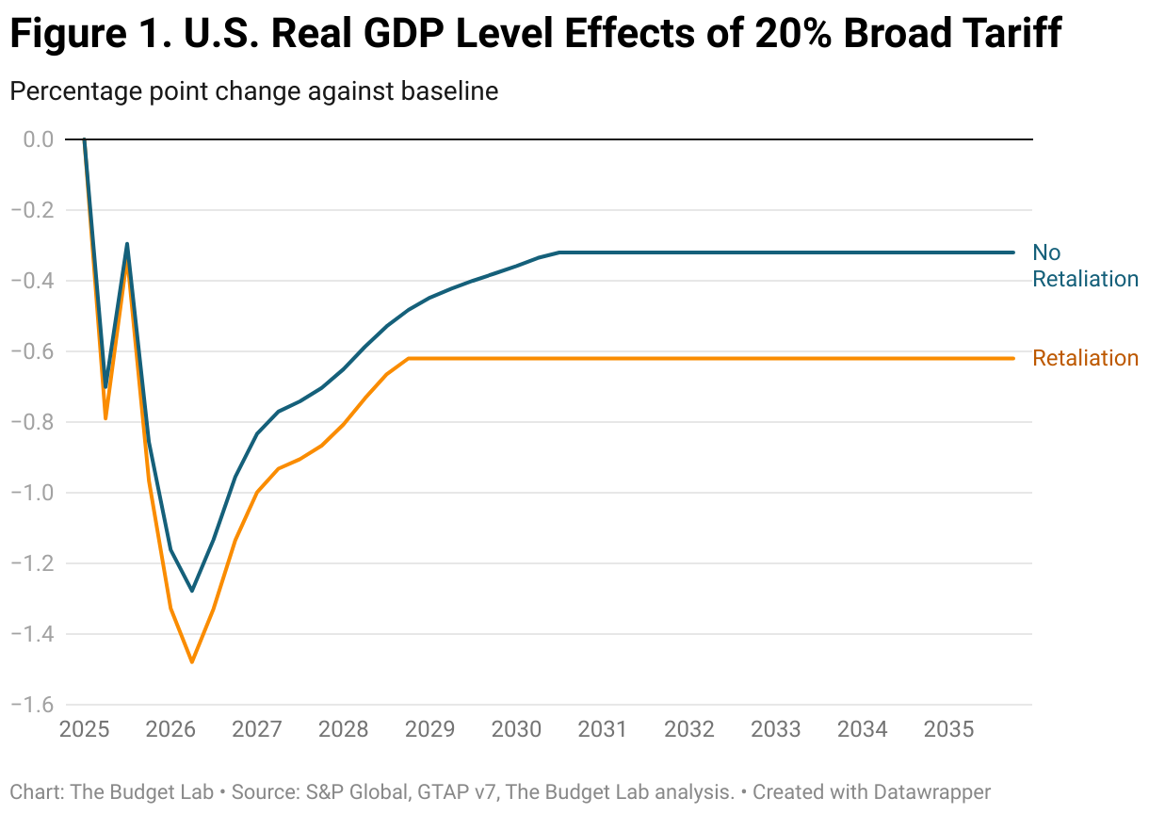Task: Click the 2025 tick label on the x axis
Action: [84, 730]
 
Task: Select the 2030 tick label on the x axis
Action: [516, 730]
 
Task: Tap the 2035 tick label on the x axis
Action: [948, 730]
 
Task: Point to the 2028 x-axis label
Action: [343, 730]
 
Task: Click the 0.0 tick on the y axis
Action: [39, 139]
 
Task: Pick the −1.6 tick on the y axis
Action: [34, 705]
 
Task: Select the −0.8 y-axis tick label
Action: [34, 422]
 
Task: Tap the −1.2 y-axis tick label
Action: [34, 563]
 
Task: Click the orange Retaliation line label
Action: [1085, 358]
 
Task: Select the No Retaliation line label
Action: [1085, 266]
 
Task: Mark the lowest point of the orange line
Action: [192, 662]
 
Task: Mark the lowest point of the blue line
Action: [192, 591]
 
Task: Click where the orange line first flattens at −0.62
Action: [409, 358]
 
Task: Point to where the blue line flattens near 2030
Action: [560, 252]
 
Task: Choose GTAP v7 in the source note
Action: [457, 792]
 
